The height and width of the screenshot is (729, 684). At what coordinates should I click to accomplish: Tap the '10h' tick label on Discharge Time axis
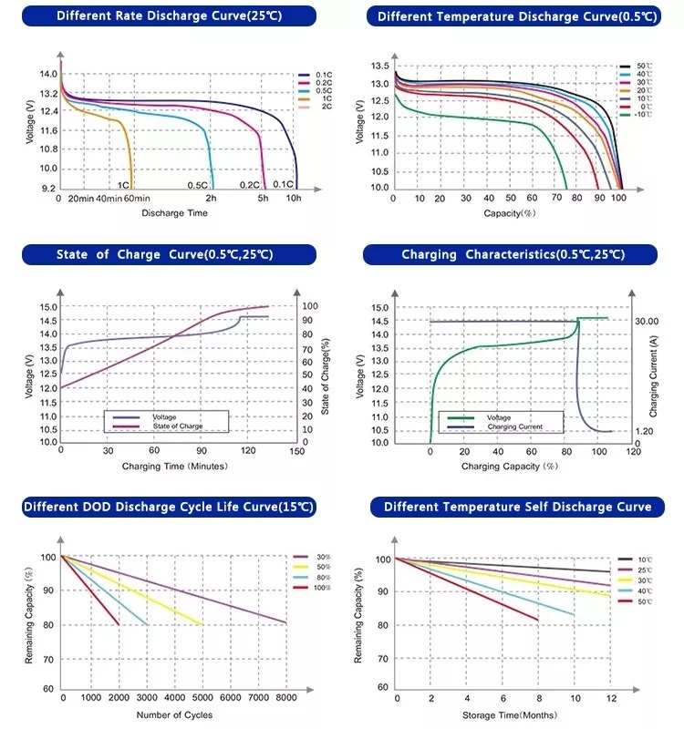(294, 198)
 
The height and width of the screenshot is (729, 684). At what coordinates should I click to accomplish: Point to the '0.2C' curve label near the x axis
(250, 184)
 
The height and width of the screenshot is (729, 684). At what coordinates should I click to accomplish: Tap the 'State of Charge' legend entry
(178, 426)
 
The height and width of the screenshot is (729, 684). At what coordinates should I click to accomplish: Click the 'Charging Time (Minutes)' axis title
(174, 466)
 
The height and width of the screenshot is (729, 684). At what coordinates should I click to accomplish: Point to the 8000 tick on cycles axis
(286, 697)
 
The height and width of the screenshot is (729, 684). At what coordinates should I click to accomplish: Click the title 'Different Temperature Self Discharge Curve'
(517, 507)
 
